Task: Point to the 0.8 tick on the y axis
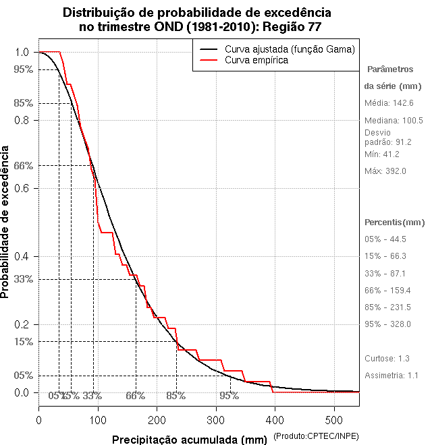[x=22, y=120]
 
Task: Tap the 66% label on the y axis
[x=23, y=165]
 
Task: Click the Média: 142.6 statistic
[x=389, y=103]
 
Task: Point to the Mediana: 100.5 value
[x=394, y=121]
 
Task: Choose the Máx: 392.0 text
[x=385, y=171]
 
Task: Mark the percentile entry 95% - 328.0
[x=387, y=324]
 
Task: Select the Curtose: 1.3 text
[x=387, y=358]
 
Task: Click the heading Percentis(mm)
[x=395, y=222]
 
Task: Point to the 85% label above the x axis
[x=175, y=396]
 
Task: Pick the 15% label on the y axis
[x=23, y=341]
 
